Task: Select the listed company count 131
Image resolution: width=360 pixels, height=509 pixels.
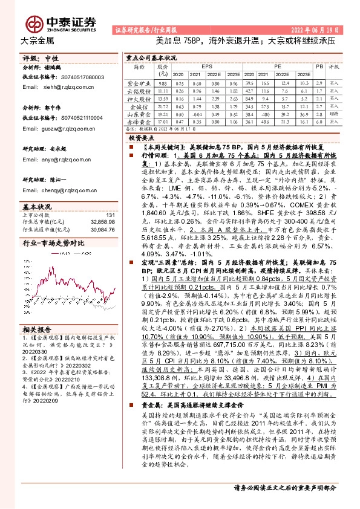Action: [110, 215]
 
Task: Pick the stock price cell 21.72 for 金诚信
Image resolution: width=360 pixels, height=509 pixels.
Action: [162, 105]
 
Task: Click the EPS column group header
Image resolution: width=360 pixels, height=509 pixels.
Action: [207, 65]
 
